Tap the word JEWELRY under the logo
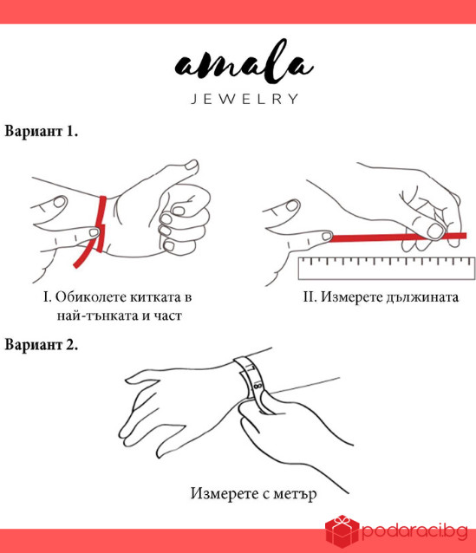[244, 99]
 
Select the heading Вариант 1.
[42, 133]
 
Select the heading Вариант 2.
[42, 343]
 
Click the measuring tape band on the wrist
[253, 377]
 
